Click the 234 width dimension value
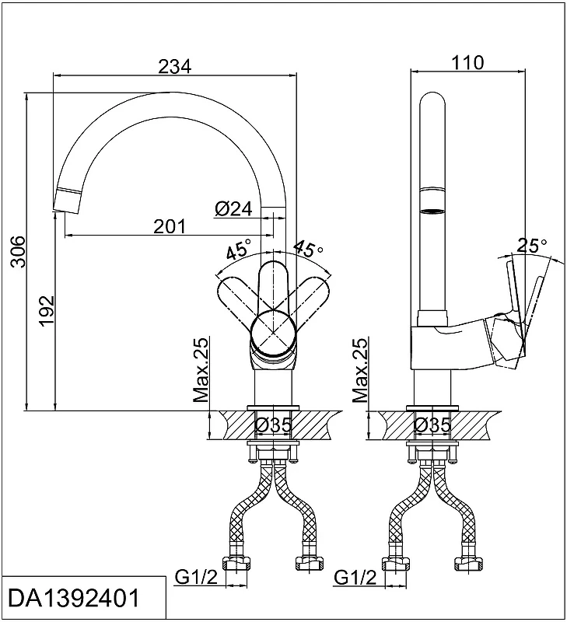point(174,66)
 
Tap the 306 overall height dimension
point(18,251)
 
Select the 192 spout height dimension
point(47,310)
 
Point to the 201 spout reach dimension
point(170,226)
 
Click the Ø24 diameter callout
point(233,208)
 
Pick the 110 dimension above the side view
point(467,62)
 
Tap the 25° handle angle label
point(532,245)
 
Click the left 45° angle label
point(239,249)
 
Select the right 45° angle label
point(308,248)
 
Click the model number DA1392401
point(74,598)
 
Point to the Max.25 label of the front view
point(201,370)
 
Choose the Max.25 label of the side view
point(360,370)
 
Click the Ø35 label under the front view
point(273,425)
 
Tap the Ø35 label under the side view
point(432,425)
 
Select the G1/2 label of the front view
point(197,578)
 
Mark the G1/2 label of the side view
point(355,578)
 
